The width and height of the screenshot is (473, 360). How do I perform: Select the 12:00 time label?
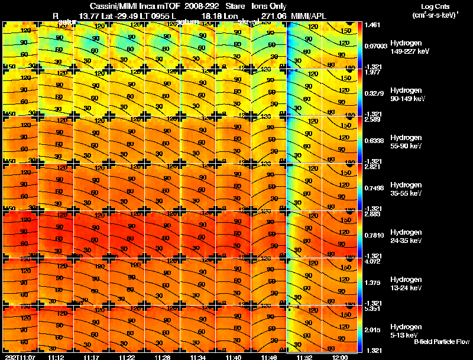[x=340, y=357]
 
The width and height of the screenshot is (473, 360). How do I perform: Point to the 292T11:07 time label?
[x=18, y=357]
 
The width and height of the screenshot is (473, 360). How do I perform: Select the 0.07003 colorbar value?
[x=375, y=46]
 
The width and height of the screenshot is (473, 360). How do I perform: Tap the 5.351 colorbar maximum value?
[x=372, y=309]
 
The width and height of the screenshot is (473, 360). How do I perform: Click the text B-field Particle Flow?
[x=442, y=342]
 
